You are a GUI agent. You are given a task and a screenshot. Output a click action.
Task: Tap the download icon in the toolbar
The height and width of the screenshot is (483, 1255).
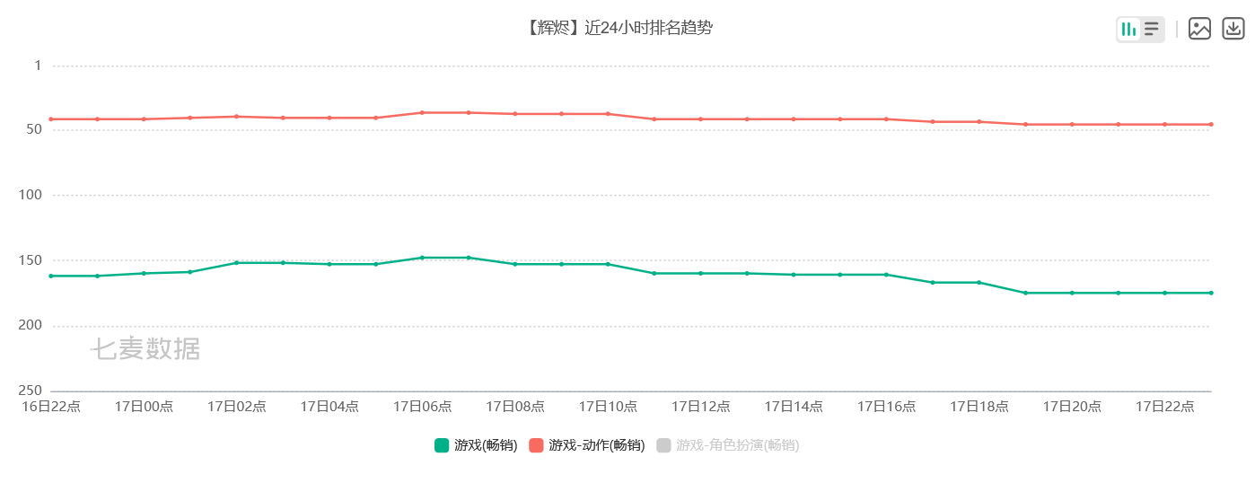1233,29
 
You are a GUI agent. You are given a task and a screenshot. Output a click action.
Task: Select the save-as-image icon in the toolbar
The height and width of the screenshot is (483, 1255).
1199,29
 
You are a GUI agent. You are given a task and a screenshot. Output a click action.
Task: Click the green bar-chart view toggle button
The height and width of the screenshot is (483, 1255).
1128,30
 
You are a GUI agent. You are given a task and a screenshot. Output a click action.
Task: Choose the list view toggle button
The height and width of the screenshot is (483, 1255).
1152,30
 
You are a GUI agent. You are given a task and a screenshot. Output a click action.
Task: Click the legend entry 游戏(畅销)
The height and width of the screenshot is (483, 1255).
476,445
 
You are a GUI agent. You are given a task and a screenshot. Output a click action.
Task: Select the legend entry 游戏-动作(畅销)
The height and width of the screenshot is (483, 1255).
587,445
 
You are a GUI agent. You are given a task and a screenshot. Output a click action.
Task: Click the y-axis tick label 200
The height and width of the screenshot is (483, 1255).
31,326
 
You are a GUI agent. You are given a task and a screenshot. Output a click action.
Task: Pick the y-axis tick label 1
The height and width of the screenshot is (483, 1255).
38,66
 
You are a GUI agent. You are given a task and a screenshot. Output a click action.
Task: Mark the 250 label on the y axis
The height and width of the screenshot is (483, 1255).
31,391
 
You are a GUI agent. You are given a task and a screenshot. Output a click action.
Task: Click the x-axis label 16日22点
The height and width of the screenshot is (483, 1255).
51,407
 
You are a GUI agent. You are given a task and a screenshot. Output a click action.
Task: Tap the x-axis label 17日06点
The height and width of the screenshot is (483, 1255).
422,407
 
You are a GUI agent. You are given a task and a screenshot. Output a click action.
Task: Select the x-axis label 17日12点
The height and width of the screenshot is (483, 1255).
700,407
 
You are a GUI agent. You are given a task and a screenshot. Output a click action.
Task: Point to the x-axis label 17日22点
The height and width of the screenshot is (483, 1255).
1164,407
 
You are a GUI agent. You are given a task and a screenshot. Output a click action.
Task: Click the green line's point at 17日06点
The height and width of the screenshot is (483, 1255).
422,258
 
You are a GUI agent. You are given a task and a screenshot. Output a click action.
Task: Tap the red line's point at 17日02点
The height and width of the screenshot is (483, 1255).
236,117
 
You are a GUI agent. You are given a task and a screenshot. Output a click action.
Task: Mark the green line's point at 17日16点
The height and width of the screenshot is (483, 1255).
886,275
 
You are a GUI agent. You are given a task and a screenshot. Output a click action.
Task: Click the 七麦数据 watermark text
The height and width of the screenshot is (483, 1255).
145,349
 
